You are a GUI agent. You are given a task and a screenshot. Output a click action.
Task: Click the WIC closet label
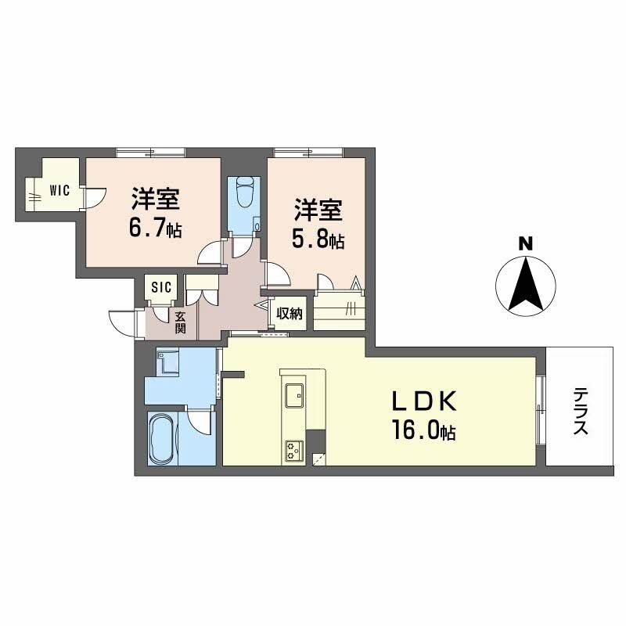point(60,190)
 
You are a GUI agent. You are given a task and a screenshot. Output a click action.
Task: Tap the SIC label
point(162,286)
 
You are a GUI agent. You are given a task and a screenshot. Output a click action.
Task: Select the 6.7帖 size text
point(155,228)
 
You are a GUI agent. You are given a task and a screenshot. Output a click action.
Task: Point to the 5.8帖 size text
point(318,239)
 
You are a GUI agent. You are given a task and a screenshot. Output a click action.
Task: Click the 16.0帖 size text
point(424,430)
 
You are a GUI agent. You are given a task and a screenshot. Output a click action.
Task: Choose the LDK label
point(424,401)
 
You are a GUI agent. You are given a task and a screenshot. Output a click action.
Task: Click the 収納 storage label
point(290,314)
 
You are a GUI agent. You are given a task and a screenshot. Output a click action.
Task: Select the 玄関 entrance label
point(180,322)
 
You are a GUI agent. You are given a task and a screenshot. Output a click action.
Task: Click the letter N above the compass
point(525,243)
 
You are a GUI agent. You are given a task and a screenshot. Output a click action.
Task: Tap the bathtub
point(161,438)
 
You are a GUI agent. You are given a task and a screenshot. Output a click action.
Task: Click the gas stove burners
point(294,451)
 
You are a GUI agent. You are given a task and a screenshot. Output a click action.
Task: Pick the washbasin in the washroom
point(167,362)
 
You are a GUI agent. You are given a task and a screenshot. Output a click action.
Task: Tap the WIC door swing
point(95,199)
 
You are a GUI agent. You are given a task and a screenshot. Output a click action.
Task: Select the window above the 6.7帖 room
point(150,153)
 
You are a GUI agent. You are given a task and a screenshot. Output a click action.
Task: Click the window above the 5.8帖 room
point(308,153)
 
